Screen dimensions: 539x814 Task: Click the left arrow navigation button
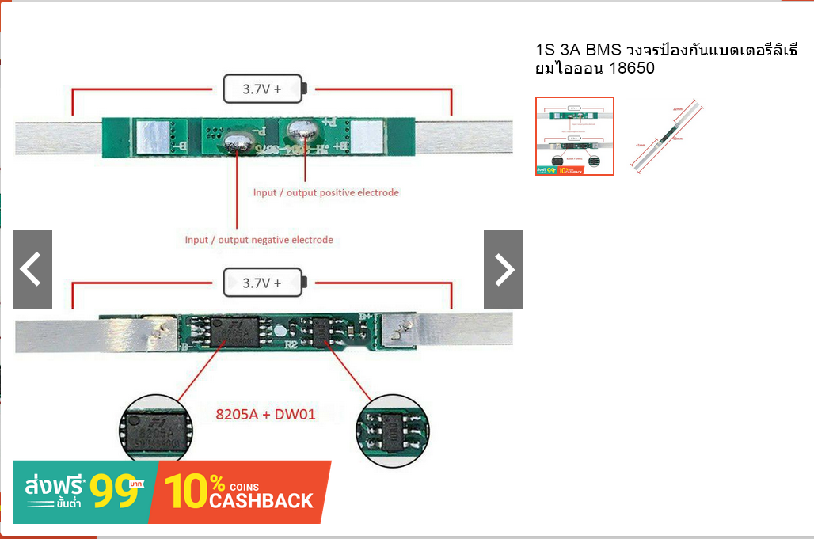coord(32,269)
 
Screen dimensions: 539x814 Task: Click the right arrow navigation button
coord(504,269)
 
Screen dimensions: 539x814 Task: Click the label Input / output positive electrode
coord(325,192)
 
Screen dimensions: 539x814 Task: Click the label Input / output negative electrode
coord(259,240)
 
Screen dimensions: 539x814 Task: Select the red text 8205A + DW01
coord(266,413)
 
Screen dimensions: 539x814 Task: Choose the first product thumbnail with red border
coord(575,135)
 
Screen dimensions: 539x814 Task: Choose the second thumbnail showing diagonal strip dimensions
coord(666,135)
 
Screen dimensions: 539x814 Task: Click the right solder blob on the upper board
coord(302,128)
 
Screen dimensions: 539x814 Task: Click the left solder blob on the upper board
coord(235,144)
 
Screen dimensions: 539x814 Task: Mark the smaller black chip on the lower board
coord(321,331)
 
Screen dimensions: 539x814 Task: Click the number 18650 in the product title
coord(633,69)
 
